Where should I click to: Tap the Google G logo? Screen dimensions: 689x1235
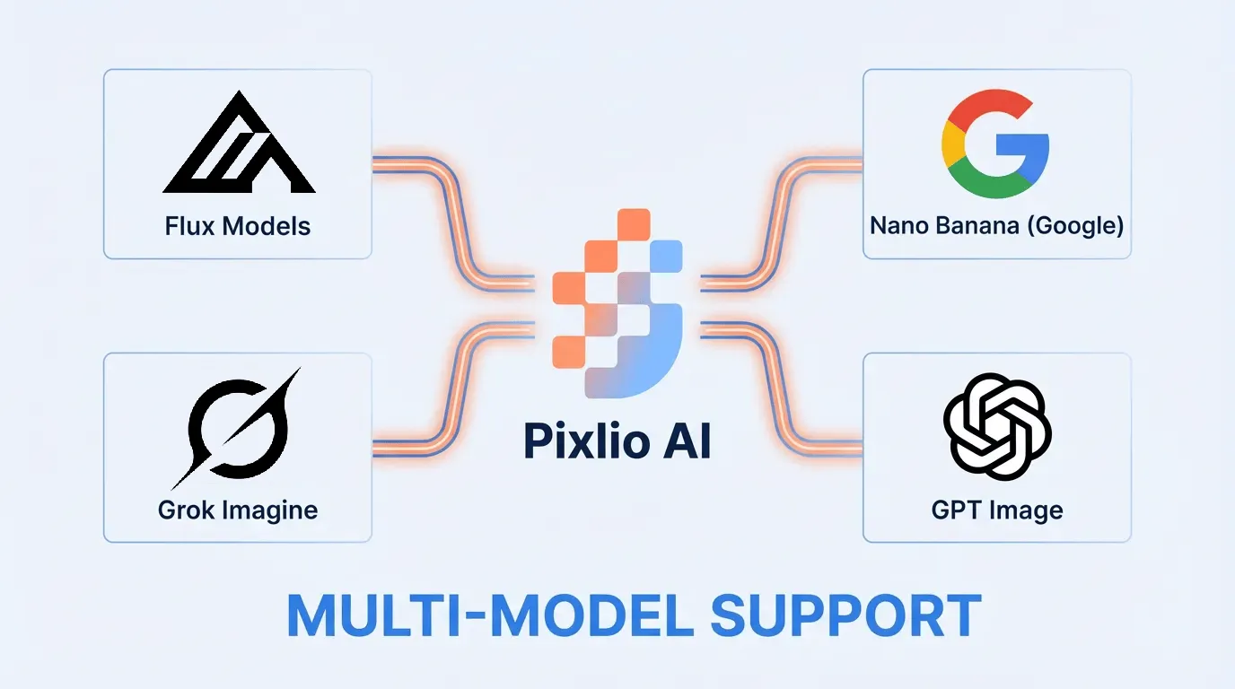(994, 144)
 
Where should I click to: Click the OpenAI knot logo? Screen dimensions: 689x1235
(996, 427)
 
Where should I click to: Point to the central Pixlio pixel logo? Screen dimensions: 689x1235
(617, 303)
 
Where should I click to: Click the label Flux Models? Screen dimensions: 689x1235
(238, 225)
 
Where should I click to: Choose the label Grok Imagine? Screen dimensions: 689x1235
(238, 510)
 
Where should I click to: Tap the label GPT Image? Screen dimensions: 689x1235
(996, 510)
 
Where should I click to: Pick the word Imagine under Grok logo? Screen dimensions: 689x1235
(269, 510)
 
